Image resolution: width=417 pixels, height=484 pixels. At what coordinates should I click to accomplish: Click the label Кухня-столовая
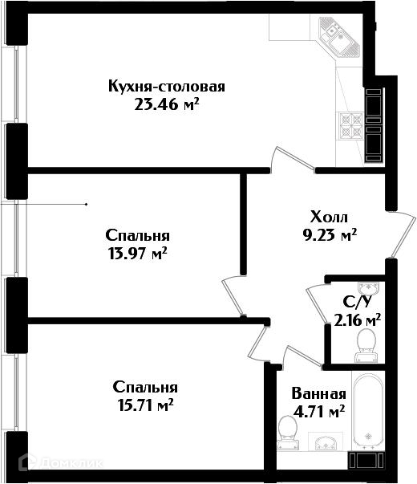click(x=167, y=86)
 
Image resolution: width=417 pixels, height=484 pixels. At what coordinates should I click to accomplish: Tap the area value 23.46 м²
click(x=166, y=104)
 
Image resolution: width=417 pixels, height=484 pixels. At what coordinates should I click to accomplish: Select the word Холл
click(x=329, y=217)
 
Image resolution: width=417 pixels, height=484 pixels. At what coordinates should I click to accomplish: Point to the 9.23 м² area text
click(x=330, y=235)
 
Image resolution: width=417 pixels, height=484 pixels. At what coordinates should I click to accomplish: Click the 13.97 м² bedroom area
click(x=137, y=254)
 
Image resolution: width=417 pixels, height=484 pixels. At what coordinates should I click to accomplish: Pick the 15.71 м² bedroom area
click(x=145, y=405)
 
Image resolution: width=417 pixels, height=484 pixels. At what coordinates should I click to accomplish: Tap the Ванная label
click(x=319, y=394)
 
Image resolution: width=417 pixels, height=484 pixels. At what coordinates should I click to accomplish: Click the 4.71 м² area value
click(x=319, y=412)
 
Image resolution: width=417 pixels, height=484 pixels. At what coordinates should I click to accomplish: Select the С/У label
click(x=357, y=303)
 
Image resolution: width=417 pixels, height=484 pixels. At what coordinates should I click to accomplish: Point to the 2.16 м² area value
click(x=358, y=320)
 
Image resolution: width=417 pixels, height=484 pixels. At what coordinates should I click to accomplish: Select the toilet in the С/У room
click(x=366, y=345)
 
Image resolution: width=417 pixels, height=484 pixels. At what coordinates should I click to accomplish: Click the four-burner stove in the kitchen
click(x=350, y=125)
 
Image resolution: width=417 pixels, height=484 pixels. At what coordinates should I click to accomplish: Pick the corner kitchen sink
click(x=339, y=38)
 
